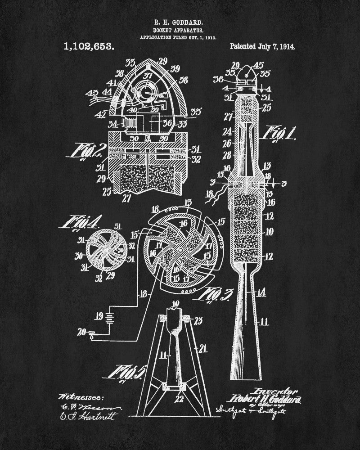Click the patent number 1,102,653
[x=89, y=46]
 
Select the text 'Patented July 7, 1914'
[x=263, y=46]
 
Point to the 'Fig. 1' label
[x=282, y=133]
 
